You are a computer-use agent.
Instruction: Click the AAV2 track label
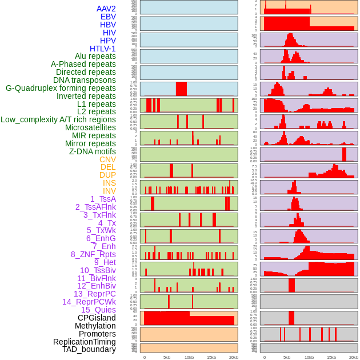pos(106,9)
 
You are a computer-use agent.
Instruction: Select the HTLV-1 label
pos(103,49)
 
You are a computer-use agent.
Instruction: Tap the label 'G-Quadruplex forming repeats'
pos(61,88)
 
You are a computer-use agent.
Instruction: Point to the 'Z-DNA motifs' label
pos(93,151)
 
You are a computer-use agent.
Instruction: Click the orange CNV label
pos(107,159)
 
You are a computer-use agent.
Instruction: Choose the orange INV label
pos(109,191)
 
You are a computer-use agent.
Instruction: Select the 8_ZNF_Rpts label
pos(93,254)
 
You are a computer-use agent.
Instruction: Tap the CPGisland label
pos(97,318)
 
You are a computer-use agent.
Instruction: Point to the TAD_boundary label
pos(89,349)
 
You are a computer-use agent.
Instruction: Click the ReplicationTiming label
pos(84,342)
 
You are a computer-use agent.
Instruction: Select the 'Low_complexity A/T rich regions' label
pos(58,119)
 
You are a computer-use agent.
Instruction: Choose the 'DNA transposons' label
pos(85,80)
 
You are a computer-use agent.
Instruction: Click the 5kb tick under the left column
pos(167,357)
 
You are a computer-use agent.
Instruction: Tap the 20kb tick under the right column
pos(354,357)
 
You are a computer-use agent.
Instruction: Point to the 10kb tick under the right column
pos(309,357)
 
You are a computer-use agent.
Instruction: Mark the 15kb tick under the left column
pos(211,357)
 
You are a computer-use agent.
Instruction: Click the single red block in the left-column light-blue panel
pos(181,89)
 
